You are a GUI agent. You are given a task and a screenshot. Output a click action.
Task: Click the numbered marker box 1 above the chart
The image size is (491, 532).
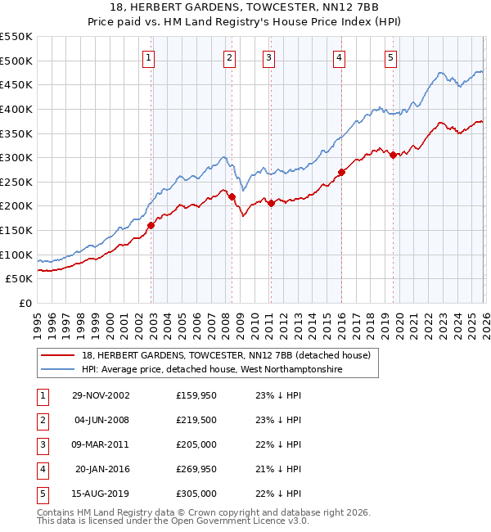(149, 57)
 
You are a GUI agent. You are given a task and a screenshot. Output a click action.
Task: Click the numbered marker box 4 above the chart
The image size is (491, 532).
(339, 57)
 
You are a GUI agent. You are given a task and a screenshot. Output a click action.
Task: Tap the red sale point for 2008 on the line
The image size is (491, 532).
(232, 196)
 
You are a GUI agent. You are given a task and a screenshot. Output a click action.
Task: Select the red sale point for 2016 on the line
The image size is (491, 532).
(341, 172)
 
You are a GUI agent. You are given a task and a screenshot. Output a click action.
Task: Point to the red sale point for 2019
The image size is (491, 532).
(393, 155)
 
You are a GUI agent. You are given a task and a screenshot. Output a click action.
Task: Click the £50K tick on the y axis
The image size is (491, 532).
(20, 279)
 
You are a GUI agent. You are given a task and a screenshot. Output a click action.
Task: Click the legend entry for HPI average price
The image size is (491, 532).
(212, 370)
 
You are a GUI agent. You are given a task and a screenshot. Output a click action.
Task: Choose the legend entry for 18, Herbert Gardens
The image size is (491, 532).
(226, 355)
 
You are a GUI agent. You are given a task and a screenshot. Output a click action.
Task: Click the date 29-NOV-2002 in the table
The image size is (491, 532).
(101, 394)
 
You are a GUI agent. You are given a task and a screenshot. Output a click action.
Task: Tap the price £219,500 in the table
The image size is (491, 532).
(196, 420)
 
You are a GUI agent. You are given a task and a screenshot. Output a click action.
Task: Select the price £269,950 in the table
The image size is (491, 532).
(196, 469)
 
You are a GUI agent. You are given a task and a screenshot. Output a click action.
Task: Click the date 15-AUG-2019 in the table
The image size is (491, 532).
(101, 494)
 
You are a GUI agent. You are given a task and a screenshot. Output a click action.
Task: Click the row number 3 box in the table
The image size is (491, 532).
(42, 444)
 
